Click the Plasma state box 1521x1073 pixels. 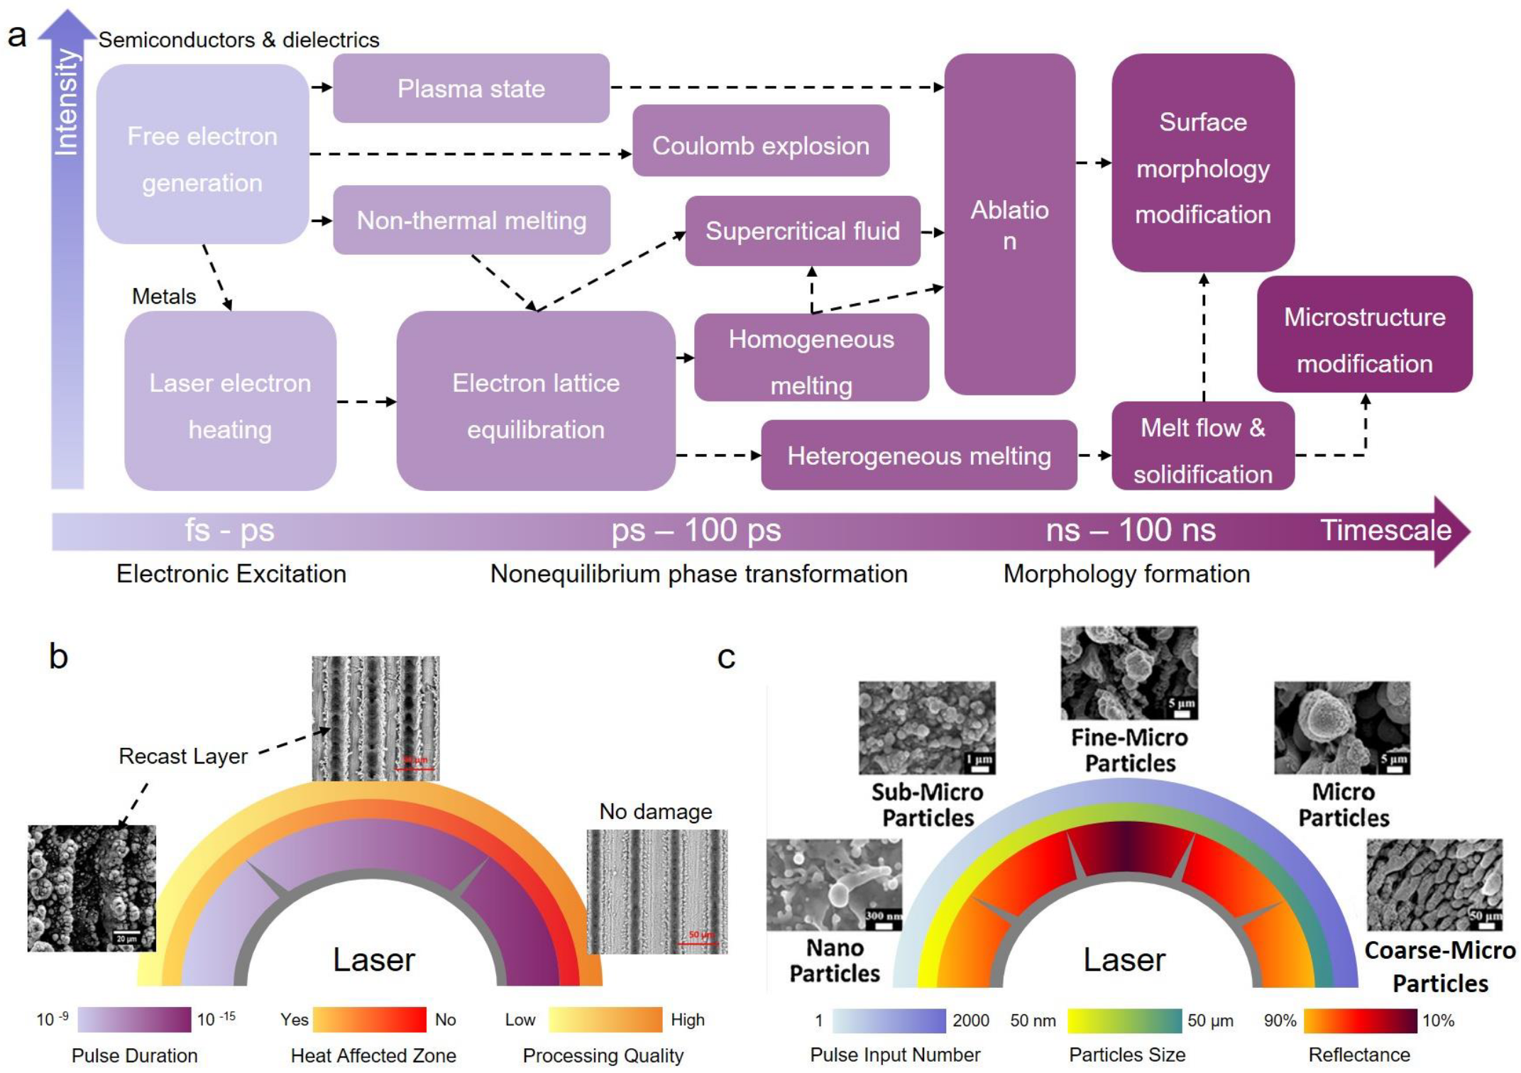point(471,88)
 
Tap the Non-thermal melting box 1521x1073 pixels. point(471,220)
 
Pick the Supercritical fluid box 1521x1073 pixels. point(802,231)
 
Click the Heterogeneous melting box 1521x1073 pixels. point(918,455)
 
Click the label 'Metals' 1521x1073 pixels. point(164,296)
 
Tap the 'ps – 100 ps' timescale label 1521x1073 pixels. point(696,530)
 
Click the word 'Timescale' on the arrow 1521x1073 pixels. point(1385,530)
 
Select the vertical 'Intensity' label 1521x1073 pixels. point(67,101)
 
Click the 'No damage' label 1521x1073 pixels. point(655,811)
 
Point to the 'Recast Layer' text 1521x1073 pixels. point(183,756)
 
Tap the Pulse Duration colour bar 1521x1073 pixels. point(134,1020)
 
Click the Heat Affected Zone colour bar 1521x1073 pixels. point(369,1020)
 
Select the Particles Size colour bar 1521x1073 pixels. point(1124,1020)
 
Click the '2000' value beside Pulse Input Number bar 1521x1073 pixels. point(970,1020)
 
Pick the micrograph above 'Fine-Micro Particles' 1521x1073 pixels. point(1129,672)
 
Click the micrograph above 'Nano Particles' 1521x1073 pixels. point(834,884)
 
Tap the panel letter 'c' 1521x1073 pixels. point(726,657)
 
